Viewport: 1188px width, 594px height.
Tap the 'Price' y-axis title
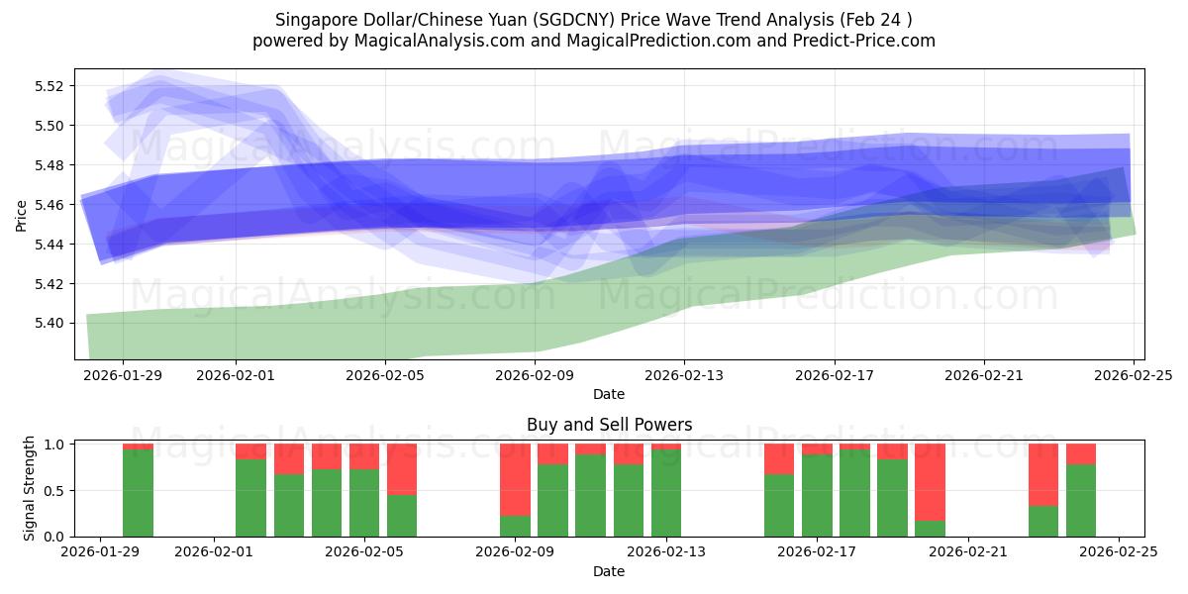click(x=22, y=214)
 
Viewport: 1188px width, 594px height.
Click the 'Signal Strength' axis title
click(x=30, y=488)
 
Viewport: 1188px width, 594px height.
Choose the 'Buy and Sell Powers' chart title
click(x=609, y=425)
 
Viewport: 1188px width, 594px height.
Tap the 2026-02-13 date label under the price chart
click(x=684, y=375)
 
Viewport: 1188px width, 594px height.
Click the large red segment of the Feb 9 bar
click(x=515, y=479)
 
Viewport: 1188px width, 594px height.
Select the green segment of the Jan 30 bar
click(x=138, y=493)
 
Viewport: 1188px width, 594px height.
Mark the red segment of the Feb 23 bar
click(x=1043, y=474)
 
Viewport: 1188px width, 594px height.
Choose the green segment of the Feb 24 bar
click(x=1081, y=500)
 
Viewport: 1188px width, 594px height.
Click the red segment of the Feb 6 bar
click(x=402, y=469)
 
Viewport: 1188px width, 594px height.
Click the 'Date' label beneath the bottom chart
click(x=609, y=571)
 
